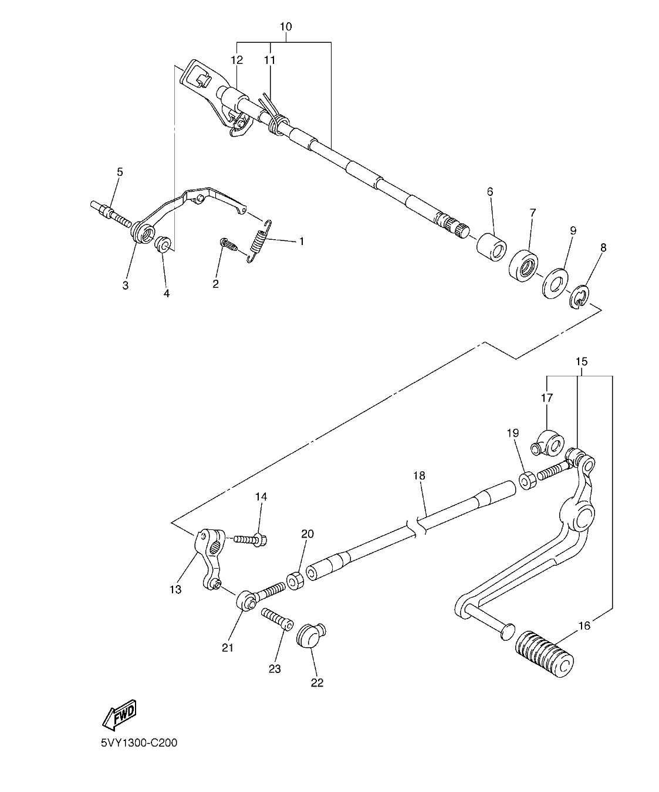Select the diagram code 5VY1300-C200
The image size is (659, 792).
pyautogui.click(x=138, y=742)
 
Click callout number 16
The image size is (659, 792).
pyautogui.click(x=584, y=626)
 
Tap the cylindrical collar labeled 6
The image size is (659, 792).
pyautogui.click(x=492, y=247)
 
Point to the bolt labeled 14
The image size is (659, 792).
pyautogui.click(x=251, y=538)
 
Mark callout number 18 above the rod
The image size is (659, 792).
pyautogui.click(x=418, y=475)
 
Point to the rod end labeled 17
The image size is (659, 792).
pyautogui.click(x=548, y=443)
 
